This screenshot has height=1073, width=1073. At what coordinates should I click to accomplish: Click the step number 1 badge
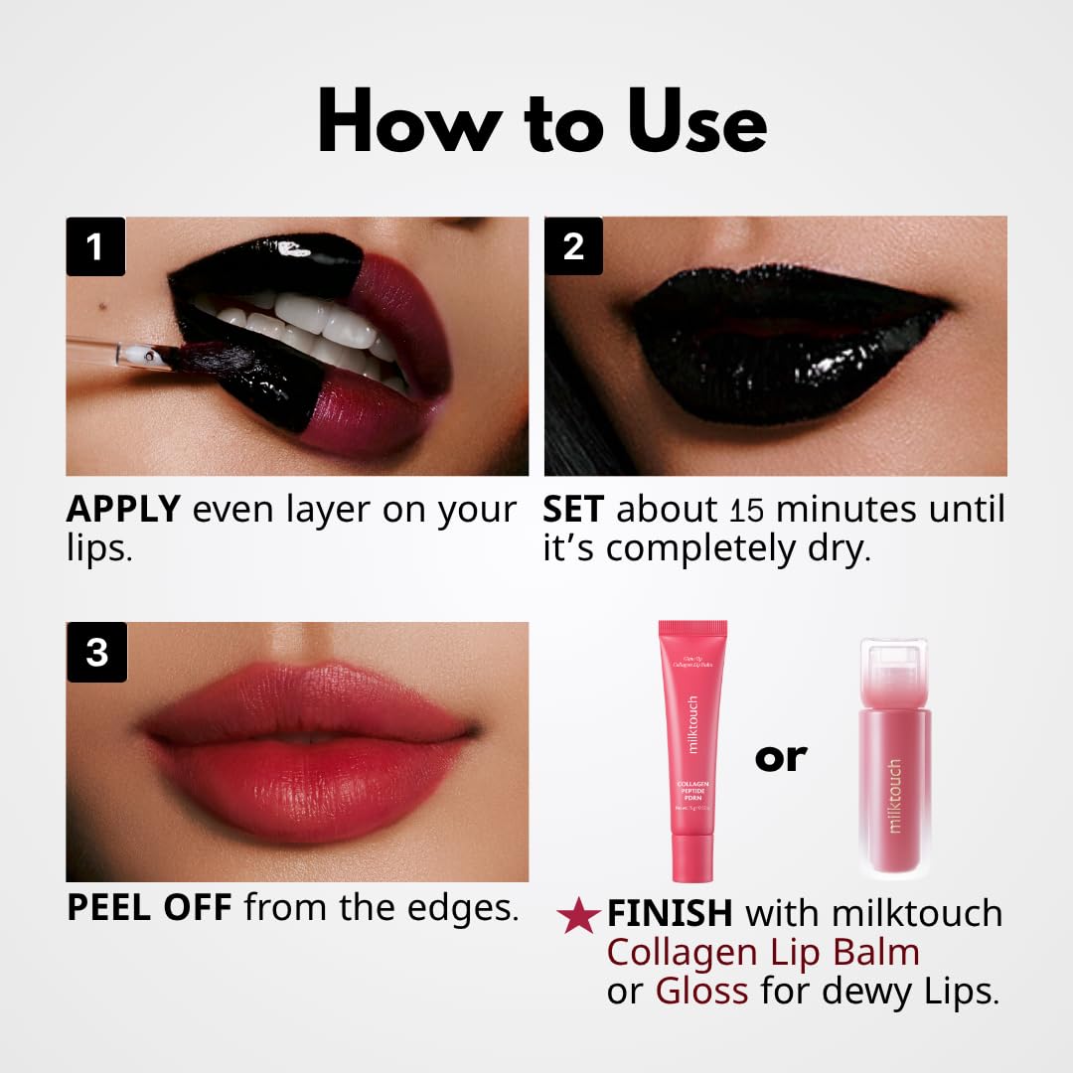95,246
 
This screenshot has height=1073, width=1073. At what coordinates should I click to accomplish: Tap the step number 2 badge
573,246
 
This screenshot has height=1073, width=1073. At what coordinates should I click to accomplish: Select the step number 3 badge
96,653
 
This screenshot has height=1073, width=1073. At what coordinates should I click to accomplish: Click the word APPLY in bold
123,510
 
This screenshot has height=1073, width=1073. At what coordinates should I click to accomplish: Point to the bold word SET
573,510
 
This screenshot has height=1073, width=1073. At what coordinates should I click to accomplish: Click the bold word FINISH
670,914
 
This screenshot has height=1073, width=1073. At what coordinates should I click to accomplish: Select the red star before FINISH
577,916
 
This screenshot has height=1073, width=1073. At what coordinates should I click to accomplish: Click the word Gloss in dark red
701,992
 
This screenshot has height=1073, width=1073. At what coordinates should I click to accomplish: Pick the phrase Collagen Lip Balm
763,953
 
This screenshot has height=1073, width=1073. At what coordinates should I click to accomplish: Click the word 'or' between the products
781,757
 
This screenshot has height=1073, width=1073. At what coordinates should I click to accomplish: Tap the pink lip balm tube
692,750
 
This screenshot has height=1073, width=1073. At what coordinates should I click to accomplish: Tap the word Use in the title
678,124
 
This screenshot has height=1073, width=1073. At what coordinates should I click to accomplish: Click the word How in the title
409,124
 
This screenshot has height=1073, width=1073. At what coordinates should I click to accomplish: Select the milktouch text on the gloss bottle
895,796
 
